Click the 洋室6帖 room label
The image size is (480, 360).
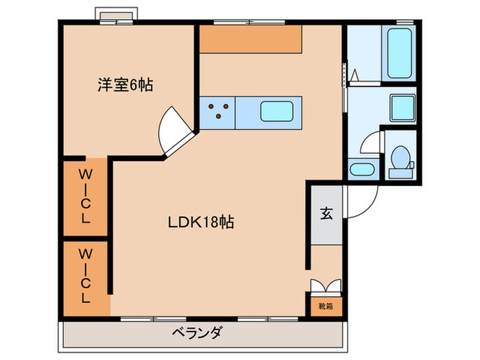click(x=124, y=85)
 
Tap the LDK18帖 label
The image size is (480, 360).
click(x=201, y=222)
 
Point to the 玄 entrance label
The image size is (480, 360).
click(x=326, y=214)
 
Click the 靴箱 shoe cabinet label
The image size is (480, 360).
click(x=325, y=306)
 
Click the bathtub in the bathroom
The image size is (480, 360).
click(x=400, y=53)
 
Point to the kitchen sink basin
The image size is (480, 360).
click(x=278, y=111)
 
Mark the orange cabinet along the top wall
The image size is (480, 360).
click(x=250, y=39)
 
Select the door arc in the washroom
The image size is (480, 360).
click(x=370, y=144)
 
